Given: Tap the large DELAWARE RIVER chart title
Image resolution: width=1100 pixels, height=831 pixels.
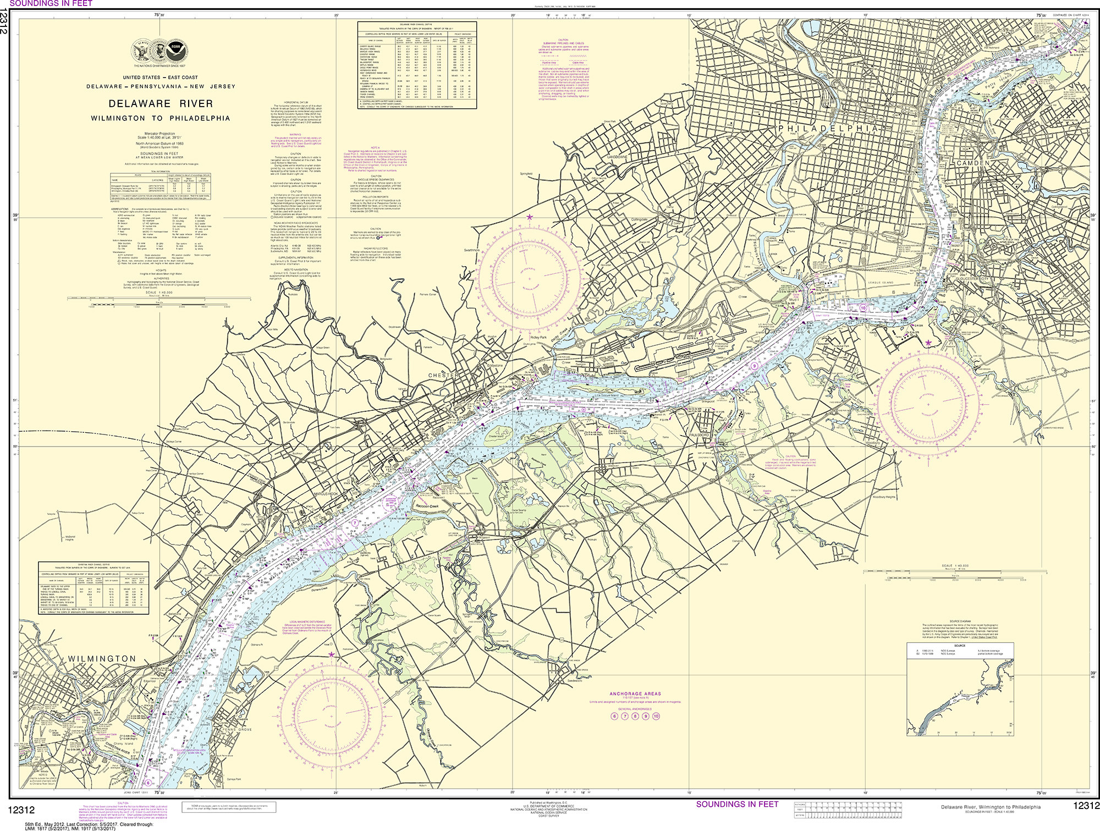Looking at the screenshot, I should coord(161,103).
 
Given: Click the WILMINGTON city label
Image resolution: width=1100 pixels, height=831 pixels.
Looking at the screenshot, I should coord(103,658).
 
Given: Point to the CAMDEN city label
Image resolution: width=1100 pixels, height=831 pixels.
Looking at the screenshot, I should coord(973,163).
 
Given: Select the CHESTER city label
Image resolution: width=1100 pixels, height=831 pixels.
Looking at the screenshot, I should coord(443,375).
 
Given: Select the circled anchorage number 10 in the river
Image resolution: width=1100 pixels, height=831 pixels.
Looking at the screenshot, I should coord(863,308).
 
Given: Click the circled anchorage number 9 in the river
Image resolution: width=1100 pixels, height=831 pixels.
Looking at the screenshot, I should coord(755,366).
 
